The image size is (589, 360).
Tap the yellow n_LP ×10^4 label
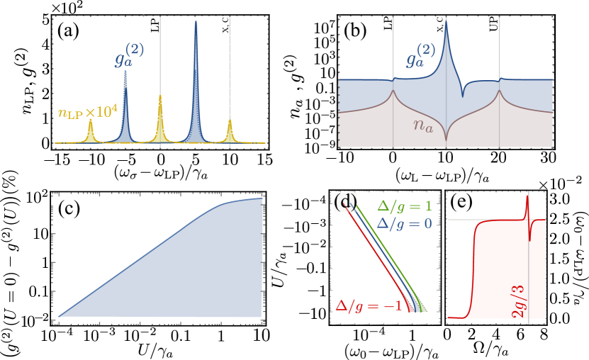point(87,112)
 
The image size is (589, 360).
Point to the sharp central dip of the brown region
point(446,132)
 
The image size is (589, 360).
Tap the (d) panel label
point(346,204)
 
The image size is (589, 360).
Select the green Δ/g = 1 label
point(404,207)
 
